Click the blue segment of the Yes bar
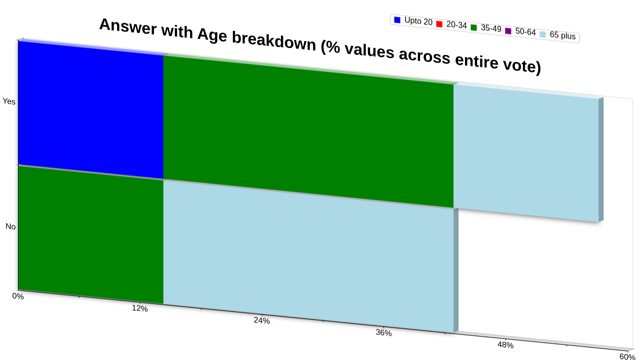coord(91,110)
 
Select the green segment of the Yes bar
coord(308,131)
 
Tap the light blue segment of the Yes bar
coord(526,153)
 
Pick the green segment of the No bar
coord(91,235)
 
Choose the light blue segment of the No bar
coord(308,256)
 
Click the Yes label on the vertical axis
coord(9,101)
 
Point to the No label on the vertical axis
coord(10,226)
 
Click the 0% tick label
coord(17,296)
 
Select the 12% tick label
coord(139,308)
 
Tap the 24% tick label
coord(261,320)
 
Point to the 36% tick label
coord(383,333)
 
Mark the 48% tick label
coord(505,345)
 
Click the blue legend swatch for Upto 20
coord(397,20)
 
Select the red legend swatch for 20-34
coord(439,24)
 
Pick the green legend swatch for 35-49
coord(473,27)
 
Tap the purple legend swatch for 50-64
coord(508,31)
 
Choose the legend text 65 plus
coord(562,35)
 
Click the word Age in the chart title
coord(212,35)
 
